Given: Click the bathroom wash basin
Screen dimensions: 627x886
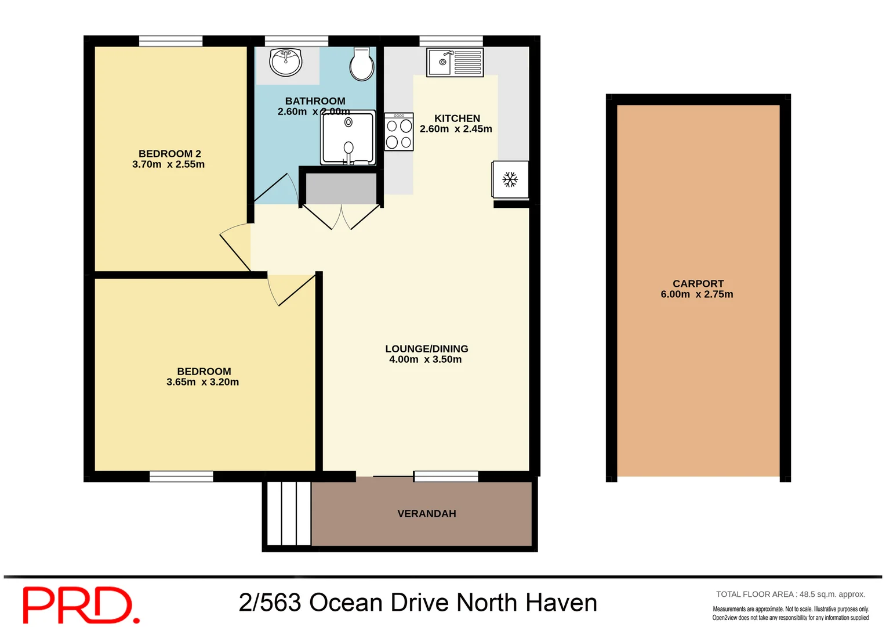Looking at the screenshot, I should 286,62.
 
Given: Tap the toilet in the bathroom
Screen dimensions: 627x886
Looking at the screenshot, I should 362,64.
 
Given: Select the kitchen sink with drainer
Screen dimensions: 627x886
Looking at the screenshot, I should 455,62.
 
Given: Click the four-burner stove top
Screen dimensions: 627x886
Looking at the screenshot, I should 399,132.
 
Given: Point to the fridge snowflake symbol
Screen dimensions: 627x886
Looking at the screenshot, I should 510,179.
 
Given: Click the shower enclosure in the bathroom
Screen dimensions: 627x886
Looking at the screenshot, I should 348,138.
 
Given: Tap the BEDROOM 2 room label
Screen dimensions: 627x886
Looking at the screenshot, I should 169,154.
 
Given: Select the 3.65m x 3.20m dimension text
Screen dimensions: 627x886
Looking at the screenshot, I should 202,382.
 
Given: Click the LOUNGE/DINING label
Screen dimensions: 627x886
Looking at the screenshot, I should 426,349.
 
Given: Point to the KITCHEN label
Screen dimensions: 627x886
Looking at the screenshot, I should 457,118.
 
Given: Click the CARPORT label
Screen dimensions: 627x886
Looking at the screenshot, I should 698,284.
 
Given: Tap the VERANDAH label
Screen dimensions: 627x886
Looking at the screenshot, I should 426,514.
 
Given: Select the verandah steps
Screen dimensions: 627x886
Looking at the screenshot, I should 289,513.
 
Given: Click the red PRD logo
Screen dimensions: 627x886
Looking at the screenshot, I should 81,604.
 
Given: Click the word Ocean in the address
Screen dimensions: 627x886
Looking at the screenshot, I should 346,603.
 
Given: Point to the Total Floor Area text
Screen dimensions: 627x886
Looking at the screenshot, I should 790,594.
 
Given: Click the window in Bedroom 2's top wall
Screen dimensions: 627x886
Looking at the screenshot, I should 170,41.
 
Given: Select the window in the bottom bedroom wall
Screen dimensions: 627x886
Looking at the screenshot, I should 181,477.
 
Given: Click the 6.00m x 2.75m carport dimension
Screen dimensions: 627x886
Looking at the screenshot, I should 696,294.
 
